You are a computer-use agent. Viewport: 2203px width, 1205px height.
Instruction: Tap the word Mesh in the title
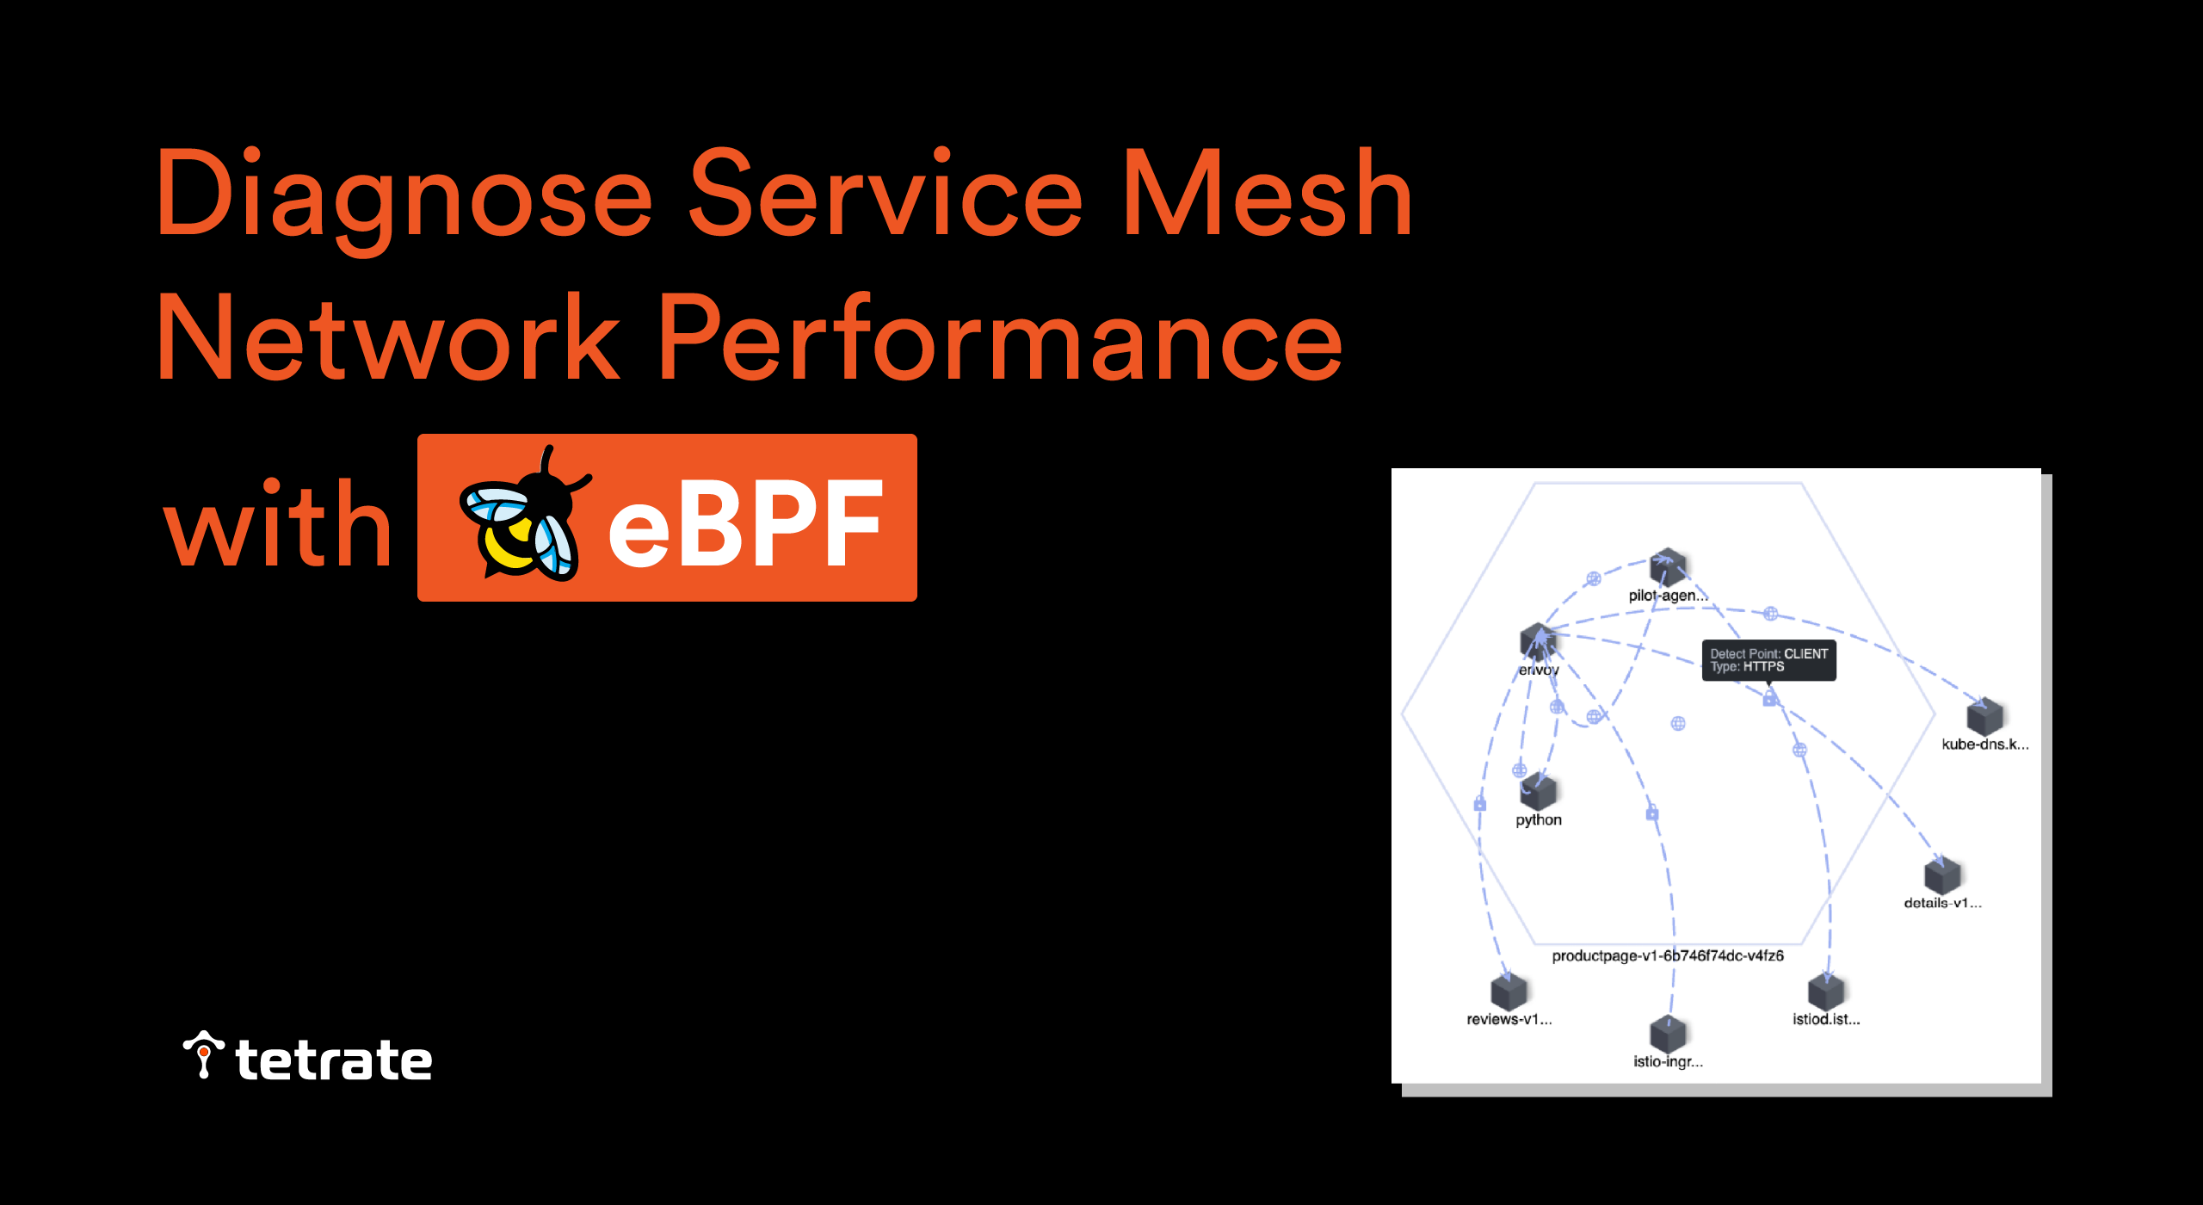[1267, 195]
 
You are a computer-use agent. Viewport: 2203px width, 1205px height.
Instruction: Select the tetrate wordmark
[334, 1060]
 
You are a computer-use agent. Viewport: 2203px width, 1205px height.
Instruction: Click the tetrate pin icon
[203, 1054]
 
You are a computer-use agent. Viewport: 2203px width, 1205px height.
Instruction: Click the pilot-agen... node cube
[1668, 566]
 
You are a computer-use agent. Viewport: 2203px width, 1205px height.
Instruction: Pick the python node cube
[1538, 791]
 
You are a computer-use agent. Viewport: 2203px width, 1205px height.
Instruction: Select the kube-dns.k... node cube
[1984, 717]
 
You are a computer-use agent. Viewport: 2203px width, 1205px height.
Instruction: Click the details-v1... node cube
[1941, 876]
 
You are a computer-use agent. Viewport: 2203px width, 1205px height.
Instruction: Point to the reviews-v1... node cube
[1509, 992]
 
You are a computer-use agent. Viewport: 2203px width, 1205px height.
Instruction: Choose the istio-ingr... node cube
[1668, 1034]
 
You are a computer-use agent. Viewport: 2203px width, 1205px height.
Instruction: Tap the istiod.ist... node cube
[1825, 992]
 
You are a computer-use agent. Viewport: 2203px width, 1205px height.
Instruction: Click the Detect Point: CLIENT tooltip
[1768, 660]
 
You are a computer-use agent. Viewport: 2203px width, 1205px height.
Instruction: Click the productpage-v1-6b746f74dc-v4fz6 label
[1667, 955]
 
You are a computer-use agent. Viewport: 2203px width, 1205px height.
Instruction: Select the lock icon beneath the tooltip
[1769, 699]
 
